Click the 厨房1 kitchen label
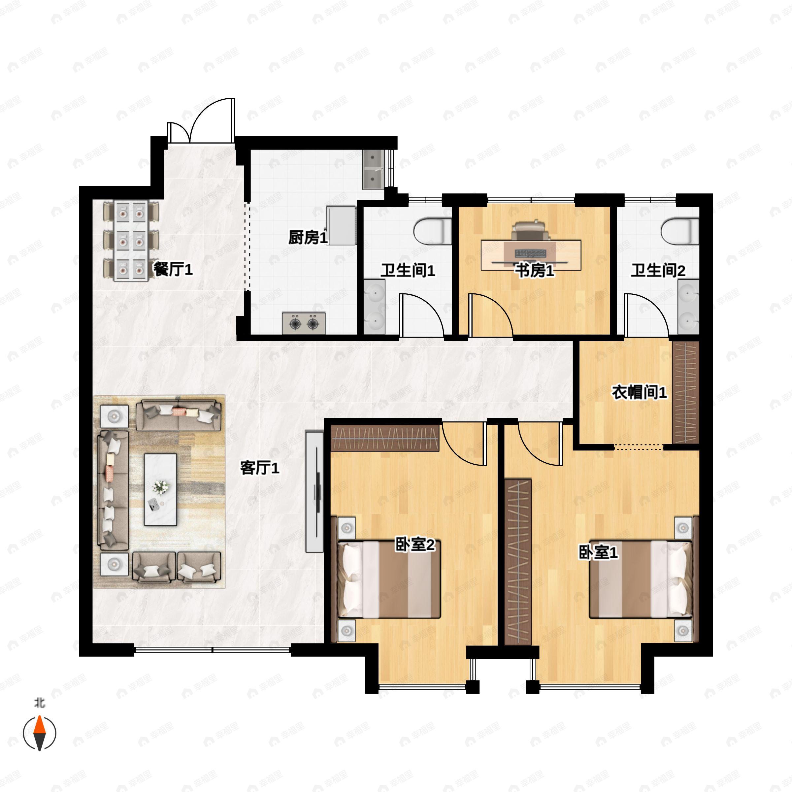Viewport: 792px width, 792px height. [308, 237]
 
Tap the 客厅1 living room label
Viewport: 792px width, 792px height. [259, 468]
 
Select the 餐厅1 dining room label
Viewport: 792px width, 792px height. [173, 269]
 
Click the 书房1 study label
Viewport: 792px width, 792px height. [535, 270]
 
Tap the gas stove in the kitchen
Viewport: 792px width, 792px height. [304, 323]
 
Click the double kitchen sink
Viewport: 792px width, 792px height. [373, 169]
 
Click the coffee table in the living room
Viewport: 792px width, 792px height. [160, 489]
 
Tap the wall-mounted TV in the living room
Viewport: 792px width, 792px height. [314, 491]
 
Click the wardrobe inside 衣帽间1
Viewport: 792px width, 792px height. [685, 392]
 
